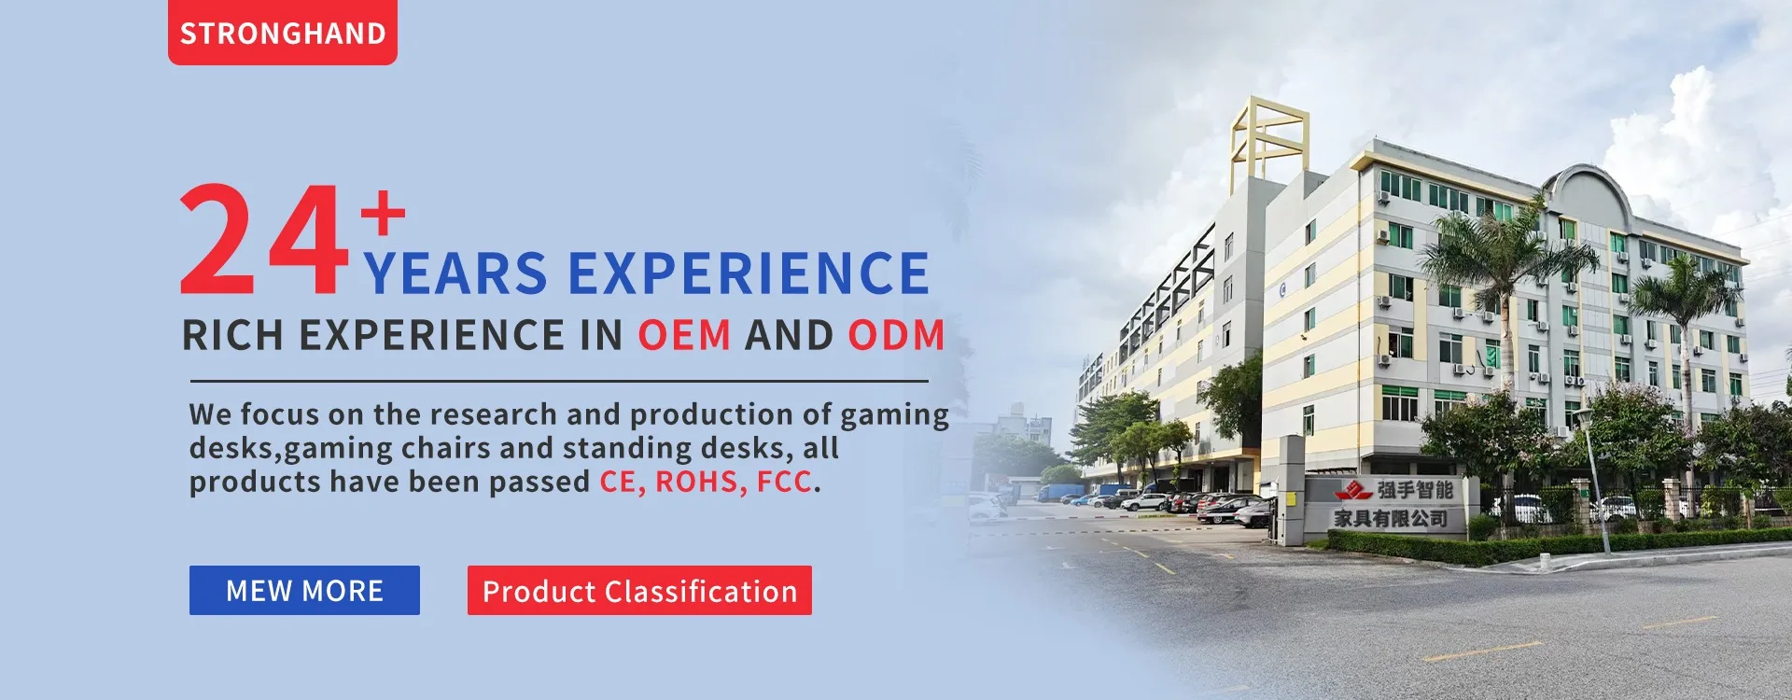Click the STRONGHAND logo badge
click(283, 33)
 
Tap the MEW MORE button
click(304, 590)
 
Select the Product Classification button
click(639, 590)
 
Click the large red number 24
click(263, 240)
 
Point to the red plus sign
click(384, 212)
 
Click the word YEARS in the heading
click(455, 273)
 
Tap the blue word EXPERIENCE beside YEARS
click(749, 273)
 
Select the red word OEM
click(684, 335)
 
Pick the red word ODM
click(896, 335)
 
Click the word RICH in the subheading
click(232, 335)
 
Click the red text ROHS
click(699, 482)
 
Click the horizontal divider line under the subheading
click(559, 381)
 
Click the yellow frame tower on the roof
click(1270, 140)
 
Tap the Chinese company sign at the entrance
click(1392, 504)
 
